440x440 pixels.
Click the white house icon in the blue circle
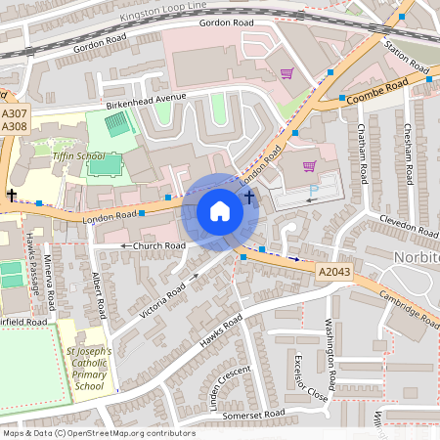point(220,211)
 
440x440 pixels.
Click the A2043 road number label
point(333,267)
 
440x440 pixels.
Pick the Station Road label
point(406,57)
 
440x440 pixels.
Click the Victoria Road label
point(162,291)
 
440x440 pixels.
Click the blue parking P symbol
point(313,193)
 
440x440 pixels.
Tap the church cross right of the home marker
point(249,197)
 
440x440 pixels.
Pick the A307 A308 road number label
point(14,119)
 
